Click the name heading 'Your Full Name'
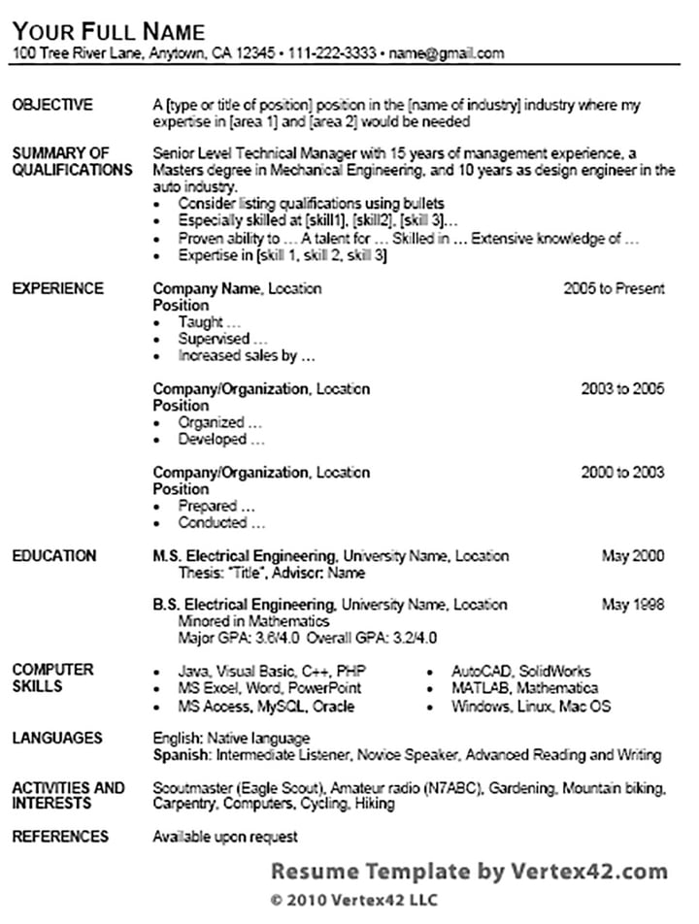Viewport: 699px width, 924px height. pyautogui.click(x=109, y=30)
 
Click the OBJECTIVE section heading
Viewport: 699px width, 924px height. pyautogui.click(x=52, y=105)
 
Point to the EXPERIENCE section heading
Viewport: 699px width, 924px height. pyautogui.click(x=57, y=288)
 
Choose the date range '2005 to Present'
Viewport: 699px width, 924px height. pyautogui.click(x=614, y=288)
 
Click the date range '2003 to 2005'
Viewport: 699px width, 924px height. pyautogui.click(x=622, y=389)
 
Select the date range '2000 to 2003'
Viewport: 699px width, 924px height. pyautogui.click(x=622, y=473)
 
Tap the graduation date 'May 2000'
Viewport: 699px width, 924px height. pyautogui.click(x=633, y=556)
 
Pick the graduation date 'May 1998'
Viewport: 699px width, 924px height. pyautogui.click(x=633, y=605)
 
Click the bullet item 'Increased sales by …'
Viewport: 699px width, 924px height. pyautogui.click(x=247, y=356)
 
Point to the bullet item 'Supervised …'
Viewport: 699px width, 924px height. pyautogui.click(x=222, y=340)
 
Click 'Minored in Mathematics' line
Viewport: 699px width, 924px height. pyautogui.click(x=253, y=621)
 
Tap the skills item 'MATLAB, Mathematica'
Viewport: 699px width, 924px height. pyautogui.click(x=524, y=688)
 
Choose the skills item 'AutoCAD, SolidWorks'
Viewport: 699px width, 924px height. pyautogui.click(x=520, y=672)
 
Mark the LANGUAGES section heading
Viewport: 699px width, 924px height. pyautogui.click(x=57, y=739)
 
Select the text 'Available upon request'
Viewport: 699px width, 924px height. pyautogui.click(x=225, y=837)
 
